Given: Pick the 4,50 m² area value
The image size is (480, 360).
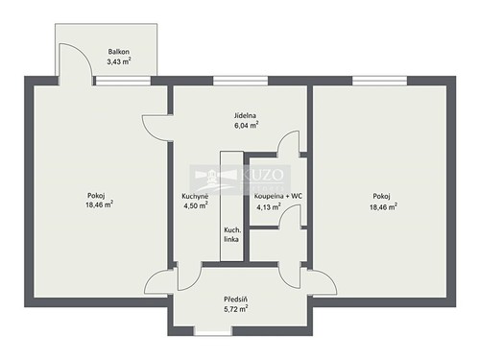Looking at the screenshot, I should coord(195,205).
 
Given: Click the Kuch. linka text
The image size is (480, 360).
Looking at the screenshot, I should coord(232,235).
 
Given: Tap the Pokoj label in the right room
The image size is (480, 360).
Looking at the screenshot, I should coord(381,195).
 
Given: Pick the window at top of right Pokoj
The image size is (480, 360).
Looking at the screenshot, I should coord(380,81).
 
